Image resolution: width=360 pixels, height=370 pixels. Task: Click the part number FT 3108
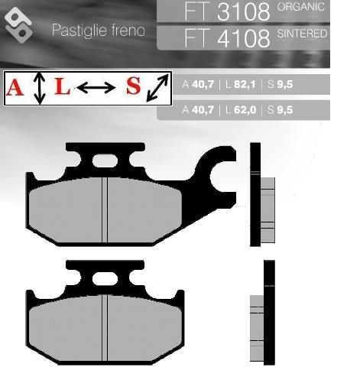click(x=227, y=11)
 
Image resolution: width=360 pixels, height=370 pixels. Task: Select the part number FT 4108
click(x=227, y=38)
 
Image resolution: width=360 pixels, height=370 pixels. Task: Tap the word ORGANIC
click(x=301, y=7)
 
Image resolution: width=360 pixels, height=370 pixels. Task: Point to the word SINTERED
click(x=302, y=34)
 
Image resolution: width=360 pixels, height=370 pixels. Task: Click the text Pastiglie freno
click(x=99, y=30)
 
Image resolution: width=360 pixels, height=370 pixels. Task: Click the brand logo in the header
click(x=18, y=25)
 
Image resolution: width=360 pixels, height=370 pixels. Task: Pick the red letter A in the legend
click(x=15, y=87)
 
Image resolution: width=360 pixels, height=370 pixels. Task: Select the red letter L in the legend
click(x=63, y=86)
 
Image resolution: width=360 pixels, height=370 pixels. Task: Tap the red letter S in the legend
click(x=134, y=86)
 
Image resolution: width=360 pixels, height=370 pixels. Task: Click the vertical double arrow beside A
click(x=40, y=88)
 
